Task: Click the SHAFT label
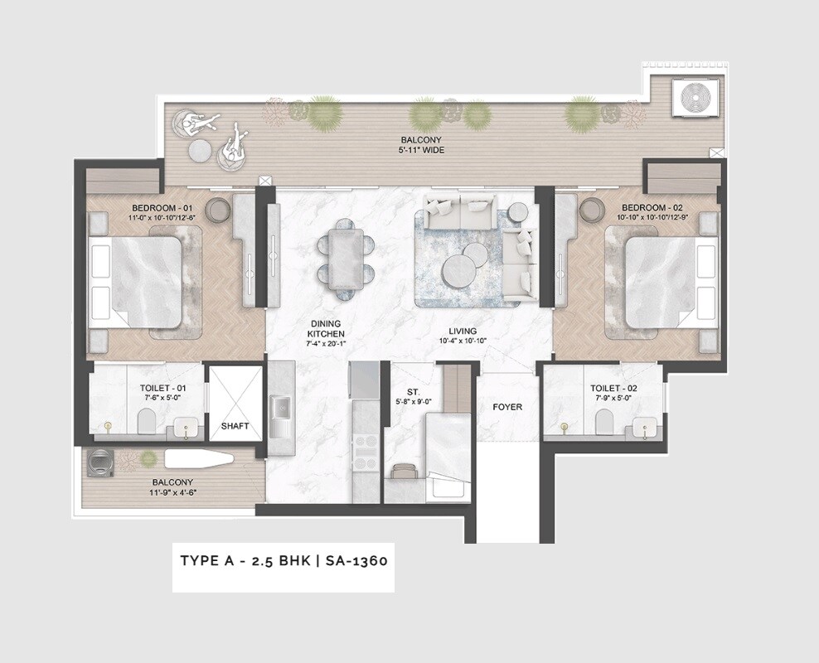235,426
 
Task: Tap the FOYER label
507,407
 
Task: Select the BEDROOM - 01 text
162,207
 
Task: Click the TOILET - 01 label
147,388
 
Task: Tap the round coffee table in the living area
458,272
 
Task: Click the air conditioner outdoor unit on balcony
696,98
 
